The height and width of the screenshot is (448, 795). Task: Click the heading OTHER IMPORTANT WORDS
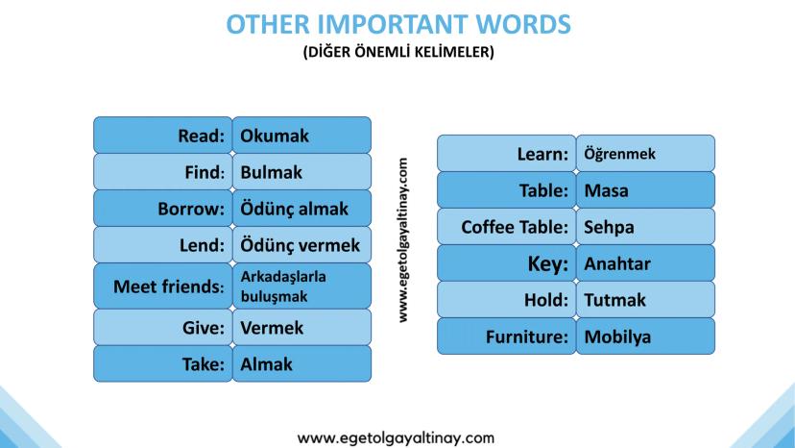click(x=398, y=24)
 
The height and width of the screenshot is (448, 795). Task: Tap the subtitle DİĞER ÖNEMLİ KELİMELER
click(x=398, y=52)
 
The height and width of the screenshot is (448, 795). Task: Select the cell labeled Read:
click(x=163, y=136)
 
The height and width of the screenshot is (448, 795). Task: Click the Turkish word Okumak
click(x=275, y=136)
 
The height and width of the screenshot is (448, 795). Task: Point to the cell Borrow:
click(x=163, y=209)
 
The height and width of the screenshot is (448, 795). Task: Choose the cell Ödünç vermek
click(x=301, y=245)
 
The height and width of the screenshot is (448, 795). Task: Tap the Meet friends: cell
click(x=163, y=286)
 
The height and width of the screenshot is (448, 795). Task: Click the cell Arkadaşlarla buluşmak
click(x=301, y=286)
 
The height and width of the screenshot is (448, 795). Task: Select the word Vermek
click(x=272, y=328)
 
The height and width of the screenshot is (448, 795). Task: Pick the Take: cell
click(x=163, y=363)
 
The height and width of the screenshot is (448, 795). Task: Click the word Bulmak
click(x=272, y=172)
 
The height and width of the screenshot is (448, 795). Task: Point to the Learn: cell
click(x=507, y=154)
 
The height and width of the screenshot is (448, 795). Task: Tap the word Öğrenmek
click(x=619, y=154)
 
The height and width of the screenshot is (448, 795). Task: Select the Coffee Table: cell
click(x=507, y=227)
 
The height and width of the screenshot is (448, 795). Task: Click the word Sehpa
click(x=609, y=227)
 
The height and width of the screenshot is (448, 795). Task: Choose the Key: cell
click(x=507, y=263)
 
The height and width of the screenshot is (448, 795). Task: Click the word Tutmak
click(x=615, y=300)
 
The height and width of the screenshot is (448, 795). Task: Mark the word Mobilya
click(x=617, y=336)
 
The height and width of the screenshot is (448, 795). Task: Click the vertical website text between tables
click(x=403, y=240)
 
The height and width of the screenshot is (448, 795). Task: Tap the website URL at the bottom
click(x=396, y=437)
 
